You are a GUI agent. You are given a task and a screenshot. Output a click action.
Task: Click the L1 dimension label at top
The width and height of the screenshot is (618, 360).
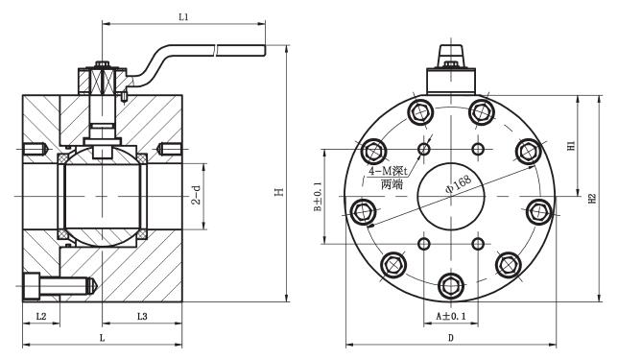click(184, 17)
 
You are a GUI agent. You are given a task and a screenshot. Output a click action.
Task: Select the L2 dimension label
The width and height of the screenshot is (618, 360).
click(40, 316)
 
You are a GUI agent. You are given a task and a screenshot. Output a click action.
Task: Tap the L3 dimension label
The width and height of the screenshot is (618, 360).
click(141, 316)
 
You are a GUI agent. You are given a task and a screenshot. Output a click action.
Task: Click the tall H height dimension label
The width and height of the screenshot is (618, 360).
click(278, 193)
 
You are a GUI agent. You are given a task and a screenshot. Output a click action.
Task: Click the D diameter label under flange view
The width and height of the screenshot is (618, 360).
click(449, 338)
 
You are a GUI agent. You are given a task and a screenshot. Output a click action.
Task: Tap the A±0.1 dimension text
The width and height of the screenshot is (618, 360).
click(450, 315)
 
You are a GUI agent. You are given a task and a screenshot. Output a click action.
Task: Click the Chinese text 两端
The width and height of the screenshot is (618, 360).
click(391, 183)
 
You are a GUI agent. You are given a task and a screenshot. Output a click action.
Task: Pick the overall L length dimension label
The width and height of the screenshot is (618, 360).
click(101, 338)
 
